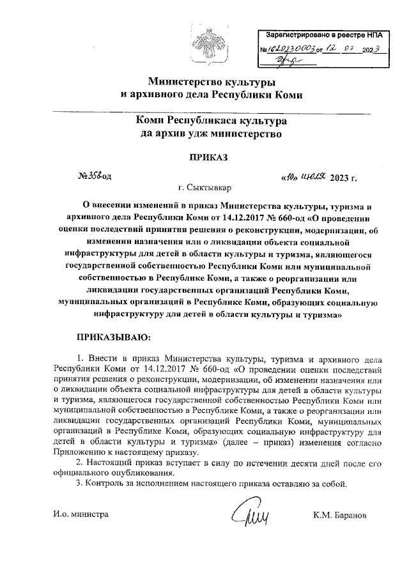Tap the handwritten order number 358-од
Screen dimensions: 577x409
tap(95, 176)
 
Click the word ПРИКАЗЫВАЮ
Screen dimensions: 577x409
tap(112, 335)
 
